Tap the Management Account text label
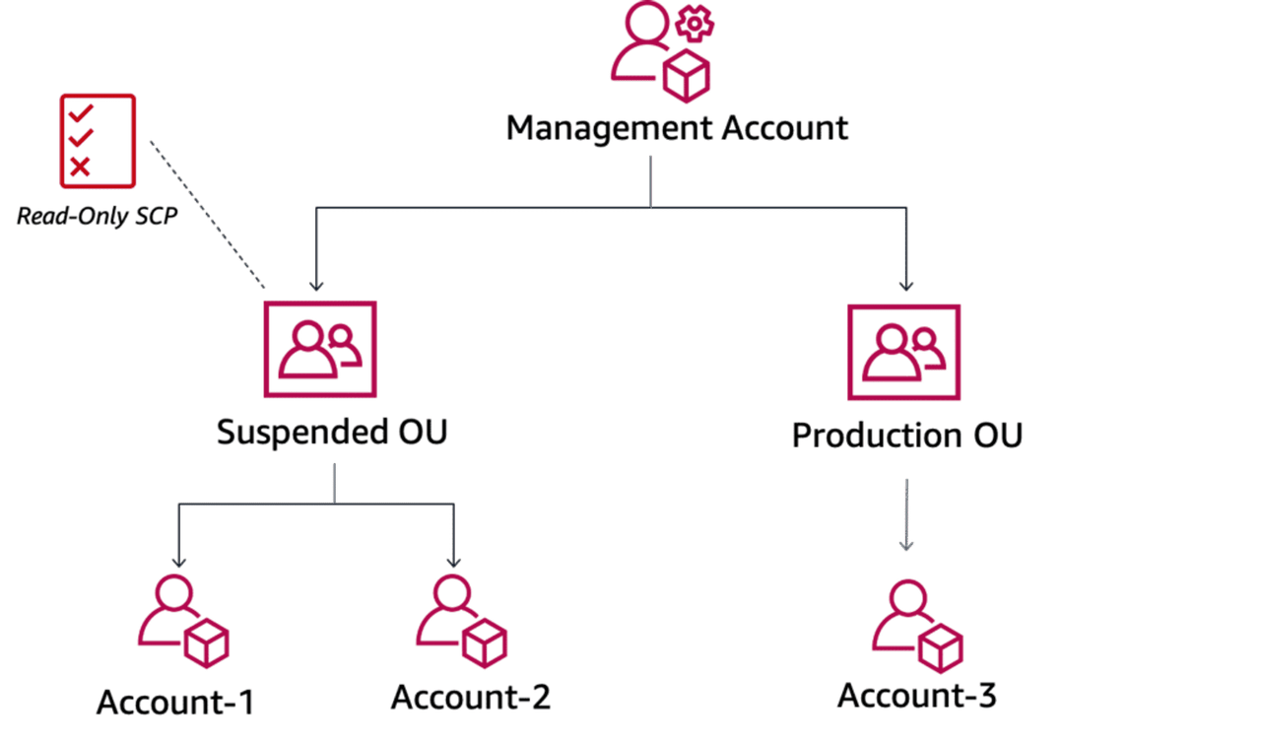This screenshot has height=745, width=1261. coord(677,128)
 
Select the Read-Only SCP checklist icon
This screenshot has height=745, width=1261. coord(97,140)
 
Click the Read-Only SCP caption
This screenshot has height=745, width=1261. coord(98,216)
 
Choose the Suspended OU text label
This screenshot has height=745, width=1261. coord(332,432)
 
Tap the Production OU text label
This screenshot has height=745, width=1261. coord(906,435)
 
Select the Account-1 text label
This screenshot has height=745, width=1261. coord(175,702)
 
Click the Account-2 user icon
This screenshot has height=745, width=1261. coord(460,621)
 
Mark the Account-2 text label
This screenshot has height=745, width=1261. coord(470,697)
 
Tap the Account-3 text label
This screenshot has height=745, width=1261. coord(916,695)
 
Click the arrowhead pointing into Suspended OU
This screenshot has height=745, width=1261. coord(315,286)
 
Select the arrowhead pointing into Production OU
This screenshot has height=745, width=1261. coord(905,286)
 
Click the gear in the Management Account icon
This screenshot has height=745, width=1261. coord(693,24)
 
